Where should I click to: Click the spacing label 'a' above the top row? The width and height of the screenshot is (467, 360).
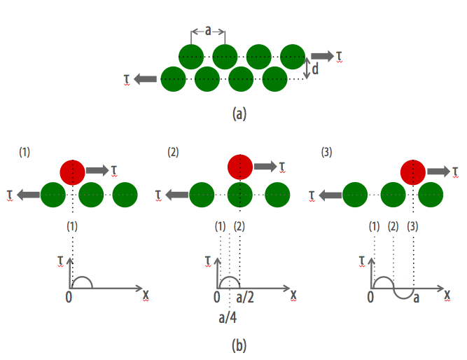pyautogui.click(x=208, y=30)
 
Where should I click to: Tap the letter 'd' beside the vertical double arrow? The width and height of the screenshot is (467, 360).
pyautogui.click(x=315, y=69)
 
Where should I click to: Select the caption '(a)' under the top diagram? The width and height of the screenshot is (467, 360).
pyautogui.click(x=239, y=114)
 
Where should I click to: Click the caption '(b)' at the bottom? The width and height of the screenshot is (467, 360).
pyautogui.click(x=239, y=346)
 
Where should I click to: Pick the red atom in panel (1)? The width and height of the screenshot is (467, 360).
pyautogui.click(x=72, y=172)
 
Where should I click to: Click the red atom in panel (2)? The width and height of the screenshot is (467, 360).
pyautogui.click(x=240, y=167)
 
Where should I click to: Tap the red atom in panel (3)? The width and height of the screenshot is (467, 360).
pyautogui.click(x=413, y=172)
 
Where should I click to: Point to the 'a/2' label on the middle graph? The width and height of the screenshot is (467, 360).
pyautogui.click(x=245, y=298)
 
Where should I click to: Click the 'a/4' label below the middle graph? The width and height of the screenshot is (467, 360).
pyautogui.click(x=228, y=318)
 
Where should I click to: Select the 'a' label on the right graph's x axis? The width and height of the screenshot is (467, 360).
pyautogui.click(x=416, y=298)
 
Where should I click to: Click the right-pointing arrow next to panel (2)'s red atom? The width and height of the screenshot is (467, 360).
pyautogui.click(x=265, y=166)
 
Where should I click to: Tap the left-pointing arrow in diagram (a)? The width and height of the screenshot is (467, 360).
pyautogui.click(x=146, y=79)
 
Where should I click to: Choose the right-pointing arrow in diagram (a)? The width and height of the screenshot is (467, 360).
pyautogui.click(x=323, y=56)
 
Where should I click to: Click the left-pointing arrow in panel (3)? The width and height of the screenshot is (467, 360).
pyautogui.click(x=330, y=195)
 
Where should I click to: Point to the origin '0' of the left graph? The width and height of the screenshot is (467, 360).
pyautogui.click(x=69, y=297)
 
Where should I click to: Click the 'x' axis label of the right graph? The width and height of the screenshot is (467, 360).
pyautogui.click(x=447, y=295)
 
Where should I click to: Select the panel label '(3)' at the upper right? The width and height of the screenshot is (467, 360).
pyautogui.click(x=327, y=152)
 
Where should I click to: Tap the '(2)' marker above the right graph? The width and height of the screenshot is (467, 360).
pyautogui.click(x=393, y=227)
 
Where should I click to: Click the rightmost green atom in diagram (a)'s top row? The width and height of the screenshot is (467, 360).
pyautogui.click(x=293, y=57)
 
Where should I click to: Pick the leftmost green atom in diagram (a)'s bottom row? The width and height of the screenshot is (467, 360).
pyautogui.click(x=174, y=79)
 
